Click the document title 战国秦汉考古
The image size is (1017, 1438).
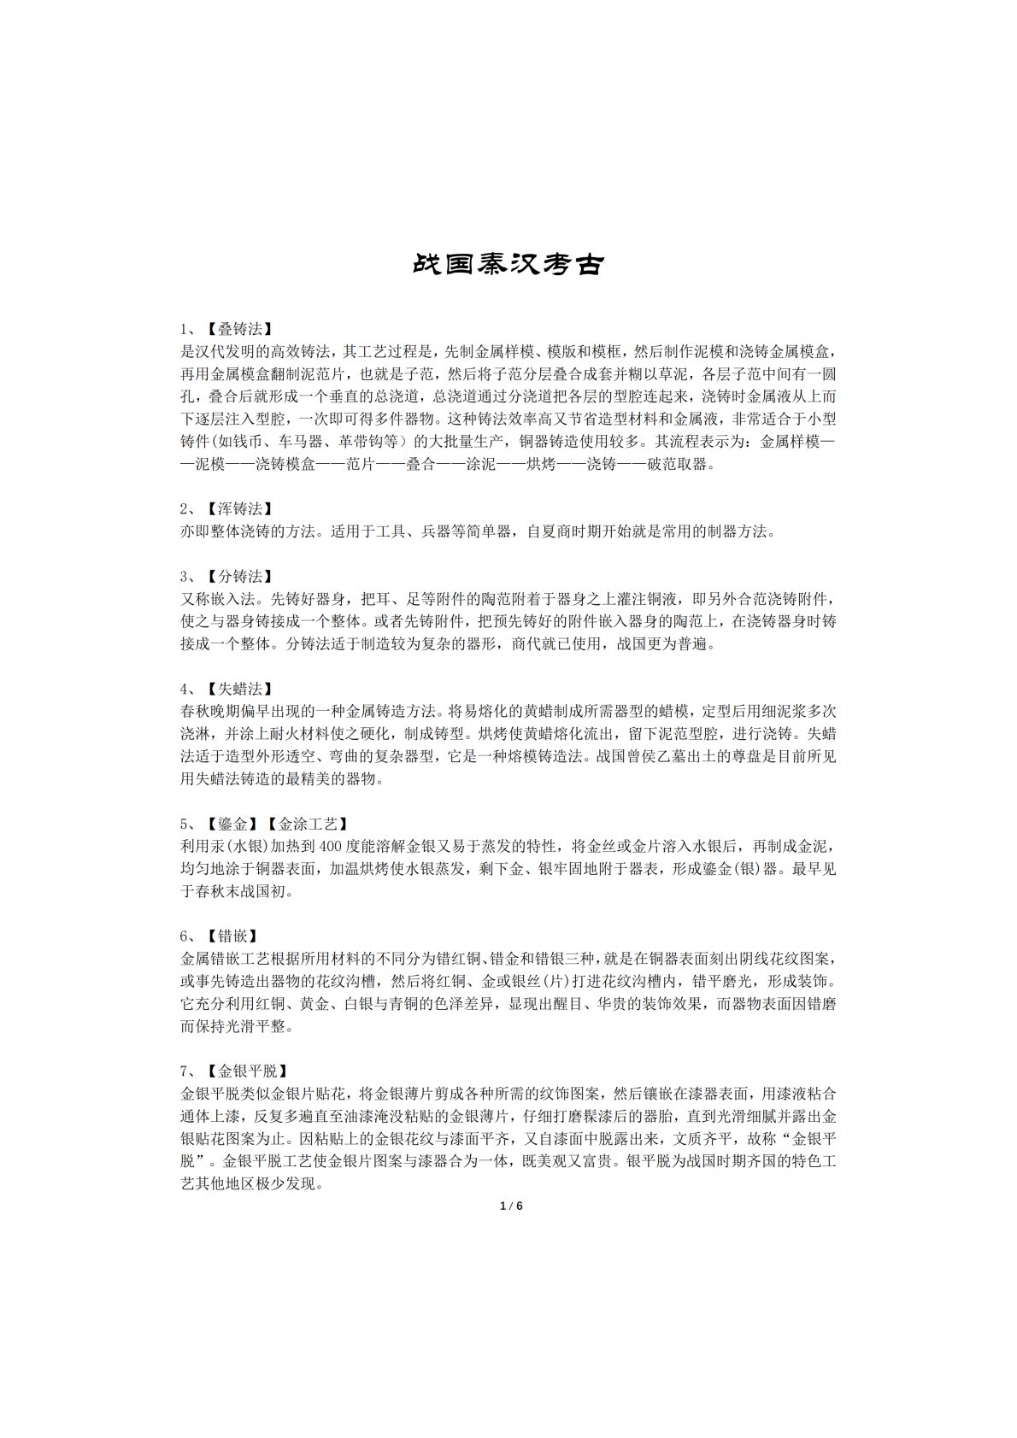[x=508, y=264]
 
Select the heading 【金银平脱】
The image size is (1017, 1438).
[x=248, y=1071]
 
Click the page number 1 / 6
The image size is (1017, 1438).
[x=509, y=1206]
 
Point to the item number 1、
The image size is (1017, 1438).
[x=190, y=329]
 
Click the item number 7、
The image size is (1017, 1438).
[x=190, y=1071]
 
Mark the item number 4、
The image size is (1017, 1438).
[x=190, y=689]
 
